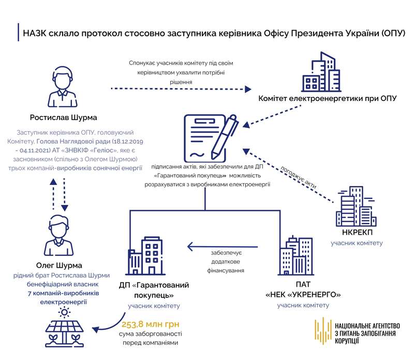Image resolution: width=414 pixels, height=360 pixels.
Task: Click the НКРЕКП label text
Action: [x=356, y=232]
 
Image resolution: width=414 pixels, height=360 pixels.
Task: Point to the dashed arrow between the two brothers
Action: [x=58, y=195]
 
